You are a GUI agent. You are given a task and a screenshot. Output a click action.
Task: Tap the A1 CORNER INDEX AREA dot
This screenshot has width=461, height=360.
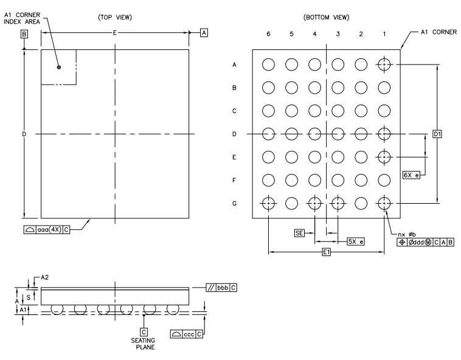point(59,67)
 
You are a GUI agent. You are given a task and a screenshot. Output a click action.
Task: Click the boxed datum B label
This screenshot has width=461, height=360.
point(24,35)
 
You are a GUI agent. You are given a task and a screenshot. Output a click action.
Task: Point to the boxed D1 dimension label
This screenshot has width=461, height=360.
point(437,134)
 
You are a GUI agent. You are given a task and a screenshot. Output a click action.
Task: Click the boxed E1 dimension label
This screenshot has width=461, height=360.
point(327,253)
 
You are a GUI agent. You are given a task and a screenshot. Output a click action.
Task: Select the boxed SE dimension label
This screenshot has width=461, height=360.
point(299,232)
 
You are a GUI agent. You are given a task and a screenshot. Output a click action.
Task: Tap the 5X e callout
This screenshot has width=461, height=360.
point(356,241)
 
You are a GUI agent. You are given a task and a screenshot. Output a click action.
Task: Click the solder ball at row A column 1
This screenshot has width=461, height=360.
point(384,64)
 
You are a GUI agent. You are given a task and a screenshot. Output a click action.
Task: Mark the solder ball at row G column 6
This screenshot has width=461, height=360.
point(268,204)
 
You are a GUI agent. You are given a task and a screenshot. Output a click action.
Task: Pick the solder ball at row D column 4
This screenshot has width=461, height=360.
point(314,134)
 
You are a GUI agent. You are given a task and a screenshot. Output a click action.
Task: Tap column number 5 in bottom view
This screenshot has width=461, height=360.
point(291,35)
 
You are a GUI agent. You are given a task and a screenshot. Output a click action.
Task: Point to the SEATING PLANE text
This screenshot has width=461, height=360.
point(144,344)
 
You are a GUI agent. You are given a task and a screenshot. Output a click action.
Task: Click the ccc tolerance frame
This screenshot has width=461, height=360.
point(189,333)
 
